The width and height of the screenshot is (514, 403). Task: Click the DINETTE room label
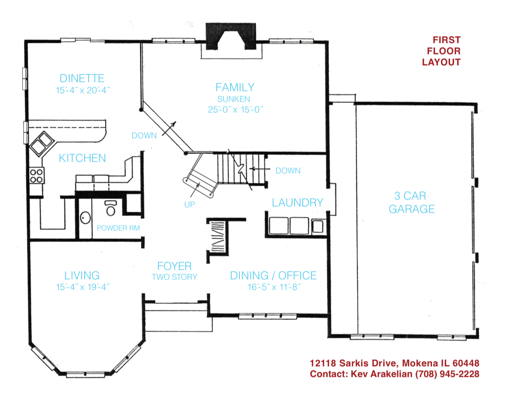pyautogui.click(x=82, y=78)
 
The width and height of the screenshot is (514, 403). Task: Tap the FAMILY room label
pyautogui.click(x=234, y=87)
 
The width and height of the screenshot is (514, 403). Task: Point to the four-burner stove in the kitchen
pyautogui.click(x=36, y=176)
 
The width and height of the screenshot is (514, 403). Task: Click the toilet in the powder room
pyautogui.click(x=111, y=208)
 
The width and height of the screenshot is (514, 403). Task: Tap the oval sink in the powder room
pyautogui.click(x=85, y=218)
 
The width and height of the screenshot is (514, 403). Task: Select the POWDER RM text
pyautogui.click(x=118, y=228)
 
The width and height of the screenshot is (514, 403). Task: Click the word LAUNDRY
pyautogui.click(x=297, y=203)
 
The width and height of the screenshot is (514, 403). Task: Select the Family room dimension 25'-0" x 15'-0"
pyautogui.click(x=234, y=109)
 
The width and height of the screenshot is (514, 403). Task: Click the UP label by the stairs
pyautogui.click(x=189, y=205)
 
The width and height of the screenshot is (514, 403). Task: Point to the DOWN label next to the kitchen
pyautogui.click(x=144, y=135)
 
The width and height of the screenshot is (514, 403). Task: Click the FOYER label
pyautogui.click(x=174, y=266)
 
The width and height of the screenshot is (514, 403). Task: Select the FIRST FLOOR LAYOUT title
pyautogui.click(x=441, y=51)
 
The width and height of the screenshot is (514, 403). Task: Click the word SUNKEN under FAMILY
pyautogui.click(x=234, y=99)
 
